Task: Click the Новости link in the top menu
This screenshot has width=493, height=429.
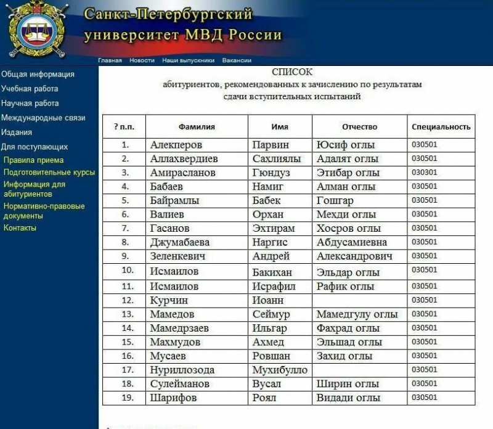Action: pyautogui.click(x=142, y=60)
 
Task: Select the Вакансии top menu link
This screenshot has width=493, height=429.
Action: pyautogui.click(x=237, y=60)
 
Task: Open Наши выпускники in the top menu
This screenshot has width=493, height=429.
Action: pyautogui.click(x=188, y=60)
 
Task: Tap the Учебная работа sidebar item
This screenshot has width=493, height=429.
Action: pyautogui.click(x=30, y=89)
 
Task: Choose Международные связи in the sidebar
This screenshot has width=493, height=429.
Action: pyautogui.click(x=43, y=118)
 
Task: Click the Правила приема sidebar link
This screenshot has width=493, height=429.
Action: pyautogui.click(x=33, y=160)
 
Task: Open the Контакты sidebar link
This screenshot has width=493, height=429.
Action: pyautogui.click(x=20, y=228)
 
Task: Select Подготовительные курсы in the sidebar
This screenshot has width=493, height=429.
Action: pyautogui.click(x=49, y=172)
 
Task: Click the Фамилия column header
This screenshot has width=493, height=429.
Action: pyautogui.click(x=197, y=127)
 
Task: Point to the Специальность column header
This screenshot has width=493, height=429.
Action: pyautogui.click(x=441, y=127)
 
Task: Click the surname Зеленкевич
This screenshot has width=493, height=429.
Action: pyautogui.click(x=177, y=256)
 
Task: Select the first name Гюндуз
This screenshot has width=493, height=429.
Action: pyautogui.click(x=271, y=173)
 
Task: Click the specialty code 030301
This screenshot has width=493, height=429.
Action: pyautogui.click(x=424, y=173)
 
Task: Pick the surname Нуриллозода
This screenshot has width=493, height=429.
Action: pyautogui.click(x=182, y=370)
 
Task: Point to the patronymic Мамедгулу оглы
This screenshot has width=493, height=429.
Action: pyautogui.click(x=357, y=314)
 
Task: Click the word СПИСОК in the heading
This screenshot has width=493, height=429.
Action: pyautogui.click(x=292, y=72)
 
